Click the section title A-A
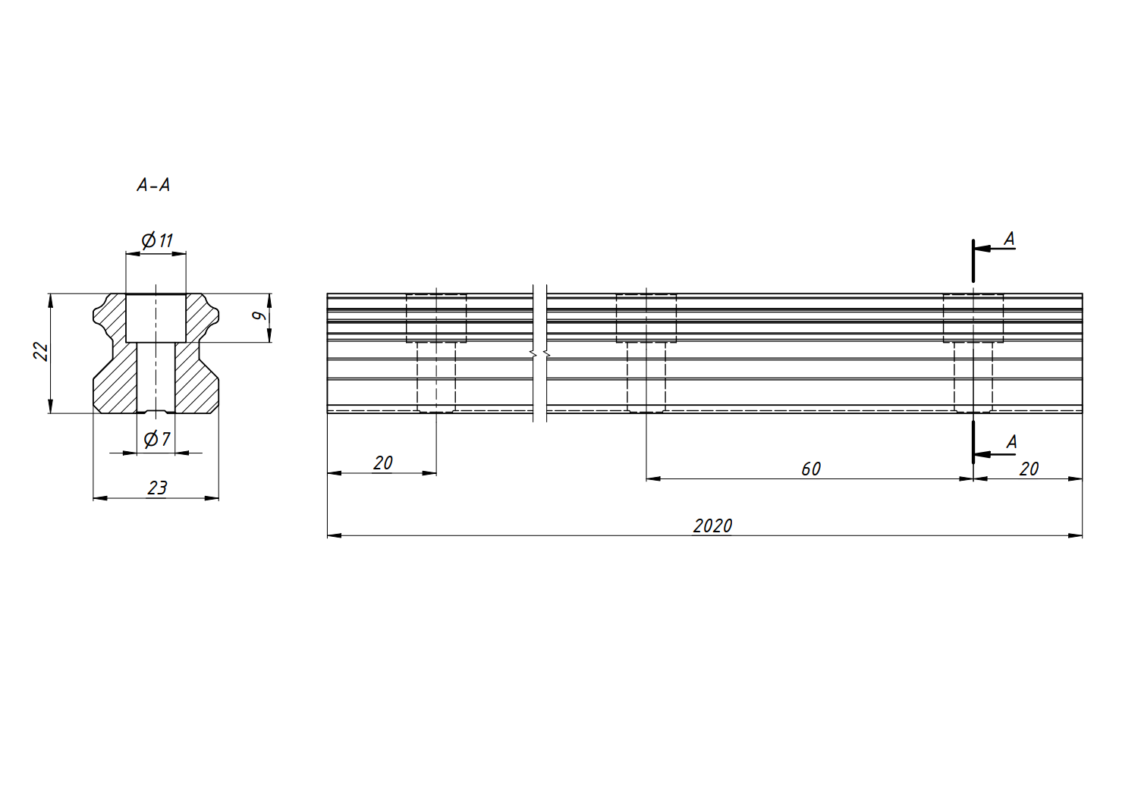[153, 185]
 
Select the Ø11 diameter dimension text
[157, 240]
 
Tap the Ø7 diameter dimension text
[157, 438]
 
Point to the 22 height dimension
[41, 351]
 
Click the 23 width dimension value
[157, 488]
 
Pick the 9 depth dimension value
[259, 315]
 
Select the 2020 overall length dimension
[712, 525]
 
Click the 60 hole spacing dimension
[811, 469]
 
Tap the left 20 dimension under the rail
[382, 463]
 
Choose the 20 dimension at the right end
[1029, 469]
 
